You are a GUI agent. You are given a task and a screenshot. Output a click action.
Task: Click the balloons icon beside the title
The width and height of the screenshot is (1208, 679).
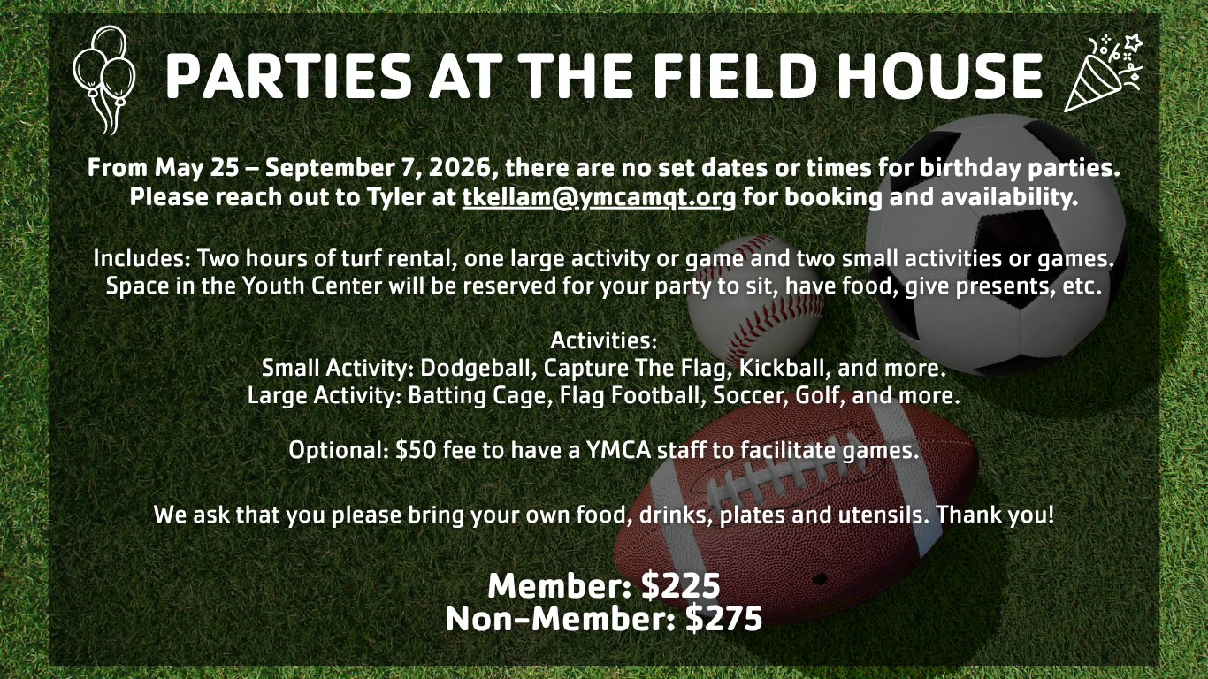(x=103, y=80)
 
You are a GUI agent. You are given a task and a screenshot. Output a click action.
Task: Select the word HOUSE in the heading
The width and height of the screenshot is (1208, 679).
(x=939, y=76)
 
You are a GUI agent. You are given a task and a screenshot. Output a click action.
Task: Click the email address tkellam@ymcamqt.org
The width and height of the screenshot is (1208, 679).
(x=600, y=197)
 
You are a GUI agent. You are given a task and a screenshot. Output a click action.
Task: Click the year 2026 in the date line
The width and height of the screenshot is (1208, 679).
(x=463, y=168)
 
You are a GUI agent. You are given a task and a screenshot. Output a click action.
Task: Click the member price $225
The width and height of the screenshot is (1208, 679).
(x=681, y=586)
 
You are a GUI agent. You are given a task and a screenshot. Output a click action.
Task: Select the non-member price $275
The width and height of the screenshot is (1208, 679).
(x=723, y=619)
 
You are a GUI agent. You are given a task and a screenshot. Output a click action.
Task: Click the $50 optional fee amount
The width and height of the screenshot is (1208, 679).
(x=416, y=450)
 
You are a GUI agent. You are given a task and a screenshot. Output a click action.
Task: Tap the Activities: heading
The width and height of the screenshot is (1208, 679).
(x=604, y=340)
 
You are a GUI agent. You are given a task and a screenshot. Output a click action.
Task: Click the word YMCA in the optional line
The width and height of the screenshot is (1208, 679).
(x=619, y=450)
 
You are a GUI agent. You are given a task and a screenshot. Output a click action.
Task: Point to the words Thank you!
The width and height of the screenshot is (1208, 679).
(x=995, y=515)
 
